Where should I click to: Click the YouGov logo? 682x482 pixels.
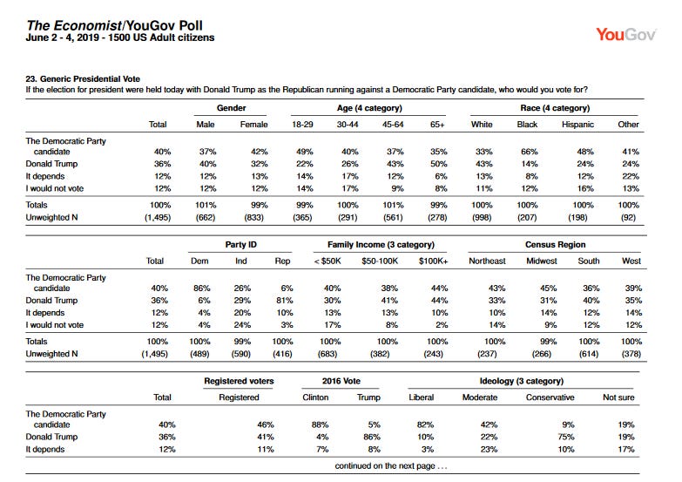[x=626, y=34]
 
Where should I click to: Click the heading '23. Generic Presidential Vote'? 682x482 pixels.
[x=83, y=78]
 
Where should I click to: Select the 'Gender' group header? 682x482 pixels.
[x=231, y=108]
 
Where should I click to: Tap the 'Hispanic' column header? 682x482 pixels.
[x=577, y=125]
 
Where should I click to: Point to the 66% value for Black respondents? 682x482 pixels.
[x=530, y=152]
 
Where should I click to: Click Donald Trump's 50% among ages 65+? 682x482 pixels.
[x=438, y=164]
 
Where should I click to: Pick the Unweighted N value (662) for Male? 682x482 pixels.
[x=206, y=217]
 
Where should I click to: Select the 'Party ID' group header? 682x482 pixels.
[x=241, y=245]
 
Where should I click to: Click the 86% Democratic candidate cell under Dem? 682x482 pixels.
[x=202, y=289]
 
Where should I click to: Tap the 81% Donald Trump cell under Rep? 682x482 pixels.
[x=285, y=301]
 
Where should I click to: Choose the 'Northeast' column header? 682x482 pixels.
[x=487, y=261]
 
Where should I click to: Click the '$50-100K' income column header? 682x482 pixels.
[x=380, y=261]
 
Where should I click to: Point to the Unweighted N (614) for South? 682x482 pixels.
[x=589, y=354]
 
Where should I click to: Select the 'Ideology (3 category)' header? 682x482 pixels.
[x=522, y=381]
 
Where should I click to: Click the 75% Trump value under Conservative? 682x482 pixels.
[x=566, y=437]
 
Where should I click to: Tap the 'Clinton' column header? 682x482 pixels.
[x=315, y=397]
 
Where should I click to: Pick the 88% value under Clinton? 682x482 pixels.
[x=321, y=424]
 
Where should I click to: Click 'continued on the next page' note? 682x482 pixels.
[x=390, y=466]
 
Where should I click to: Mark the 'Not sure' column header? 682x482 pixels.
[x=618, y=397]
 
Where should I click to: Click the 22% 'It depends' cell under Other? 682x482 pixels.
[x=631, y=176]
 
